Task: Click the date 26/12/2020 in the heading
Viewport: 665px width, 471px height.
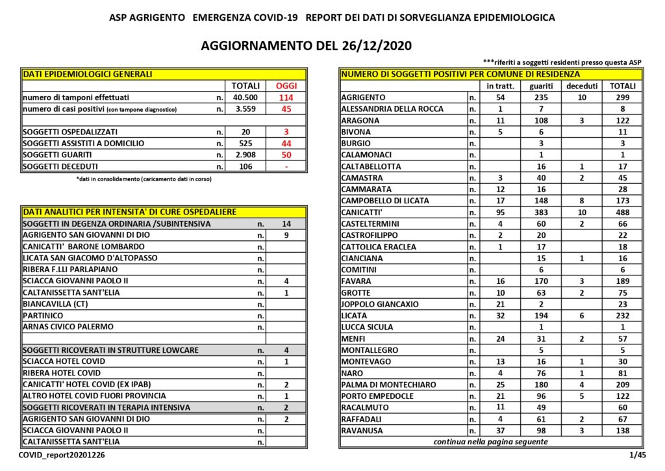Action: click(373, 46)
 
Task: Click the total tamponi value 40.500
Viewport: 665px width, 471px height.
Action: click(245, 97)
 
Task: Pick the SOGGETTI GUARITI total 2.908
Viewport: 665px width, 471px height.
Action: click(245, 155)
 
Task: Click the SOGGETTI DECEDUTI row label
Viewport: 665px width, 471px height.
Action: click(60, 166)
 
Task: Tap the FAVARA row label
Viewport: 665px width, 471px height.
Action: click(357, 281)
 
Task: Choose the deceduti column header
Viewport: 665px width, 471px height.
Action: click(581, 86)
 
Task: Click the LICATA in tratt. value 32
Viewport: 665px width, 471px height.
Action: click(500, 316)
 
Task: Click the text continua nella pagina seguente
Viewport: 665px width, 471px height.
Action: click(490, 442)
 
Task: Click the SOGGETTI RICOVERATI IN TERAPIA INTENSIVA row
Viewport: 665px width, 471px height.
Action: click(107, 407)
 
